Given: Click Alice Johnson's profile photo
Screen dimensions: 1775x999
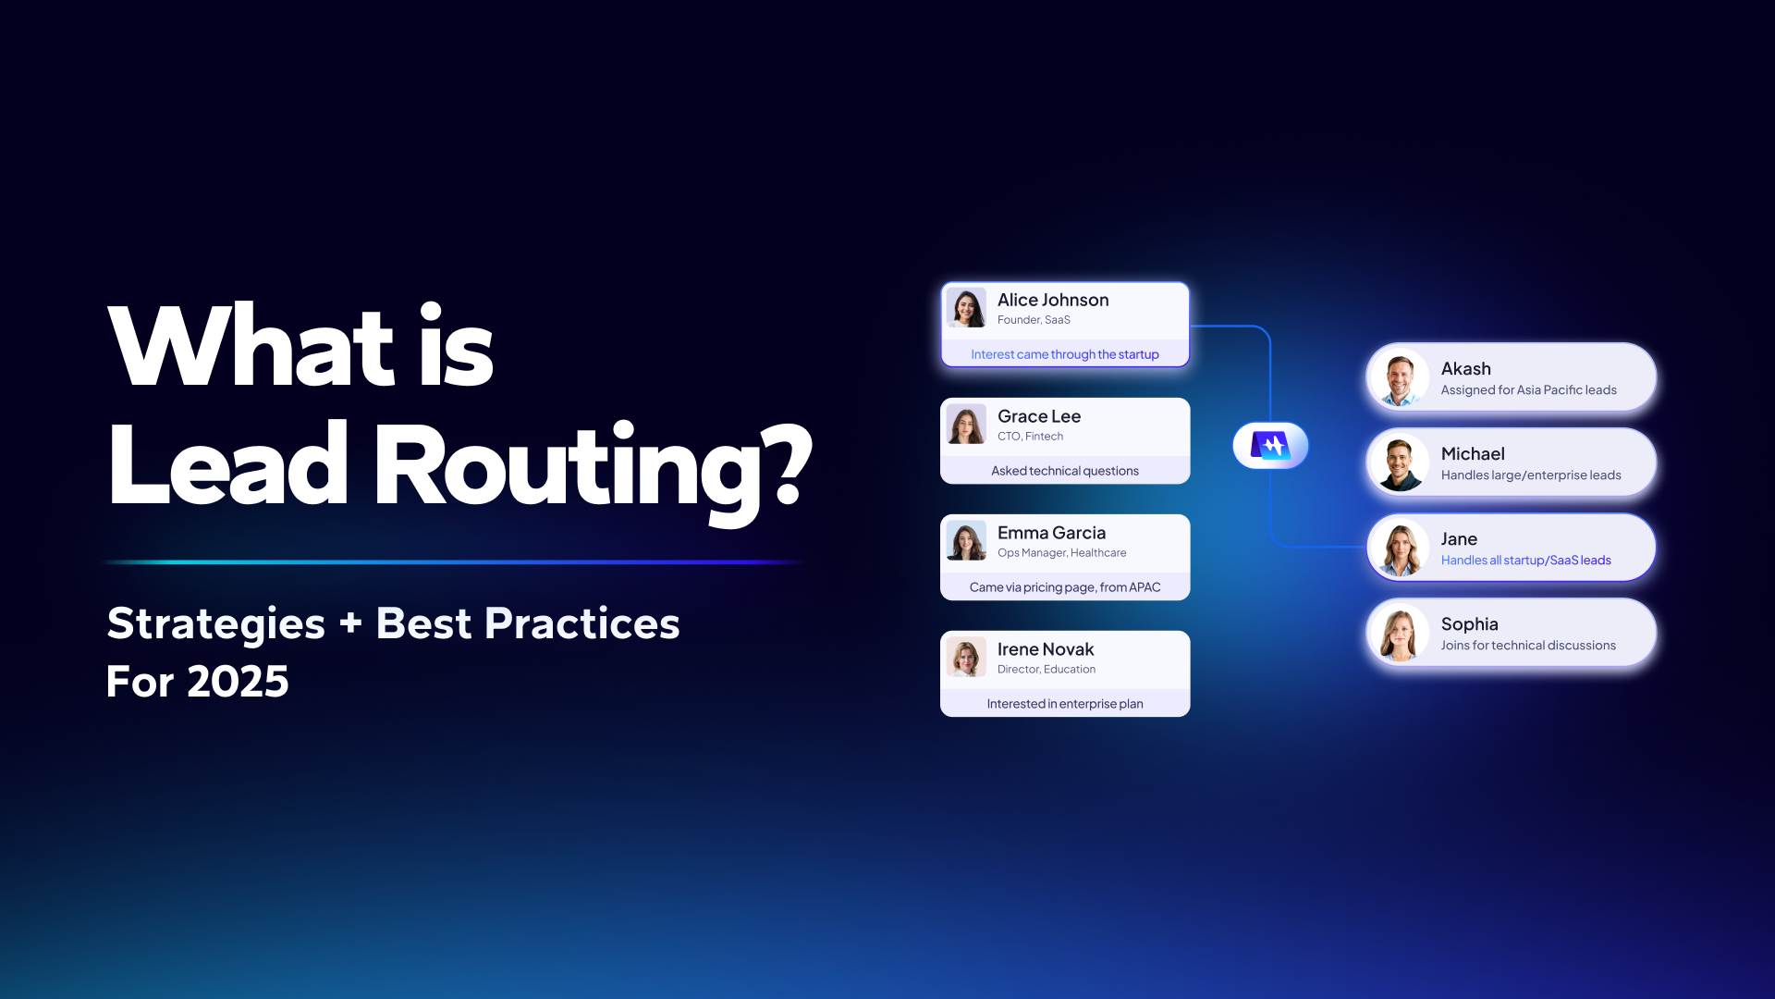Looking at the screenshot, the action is pos(966,308).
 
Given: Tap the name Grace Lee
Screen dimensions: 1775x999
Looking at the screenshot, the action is pos(1039,416).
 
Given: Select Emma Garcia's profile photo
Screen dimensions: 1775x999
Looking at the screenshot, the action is pos(966,541).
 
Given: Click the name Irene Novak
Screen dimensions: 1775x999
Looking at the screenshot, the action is pos(1046,649).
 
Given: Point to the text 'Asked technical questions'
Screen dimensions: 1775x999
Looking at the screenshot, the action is pos(1065,471).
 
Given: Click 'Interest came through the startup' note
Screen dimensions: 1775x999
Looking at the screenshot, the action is pos(1065,354).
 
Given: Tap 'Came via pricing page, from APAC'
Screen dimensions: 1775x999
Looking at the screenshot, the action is pos(1065,587).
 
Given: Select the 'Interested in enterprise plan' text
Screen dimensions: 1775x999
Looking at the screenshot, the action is pos(1065,704).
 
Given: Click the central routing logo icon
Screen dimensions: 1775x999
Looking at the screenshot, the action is pos(1270,446).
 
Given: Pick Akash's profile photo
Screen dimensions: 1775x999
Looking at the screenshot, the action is pos(1401,378).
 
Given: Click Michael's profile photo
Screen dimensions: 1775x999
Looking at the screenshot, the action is pos(1401,463).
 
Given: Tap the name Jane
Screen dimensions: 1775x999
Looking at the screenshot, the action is pos(1459,539).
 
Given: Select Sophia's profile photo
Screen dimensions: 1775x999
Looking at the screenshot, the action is pos(1401,634).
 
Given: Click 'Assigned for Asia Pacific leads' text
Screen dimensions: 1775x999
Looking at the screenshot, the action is pos(1529,390).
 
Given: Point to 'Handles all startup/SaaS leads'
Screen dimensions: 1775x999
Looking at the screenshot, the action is pos(1526,561).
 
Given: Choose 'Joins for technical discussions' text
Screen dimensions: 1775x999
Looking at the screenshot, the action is pos(1528,646).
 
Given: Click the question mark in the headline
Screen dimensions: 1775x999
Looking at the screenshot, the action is pos(789,464).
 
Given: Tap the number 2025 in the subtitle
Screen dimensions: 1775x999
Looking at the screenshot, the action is pos(238,682).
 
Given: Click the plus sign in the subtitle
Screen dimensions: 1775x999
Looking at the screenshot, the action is pos(350,623).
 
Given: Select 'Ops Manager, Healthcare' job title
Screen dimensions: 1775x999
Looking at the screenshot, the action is pos(1062,553).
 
